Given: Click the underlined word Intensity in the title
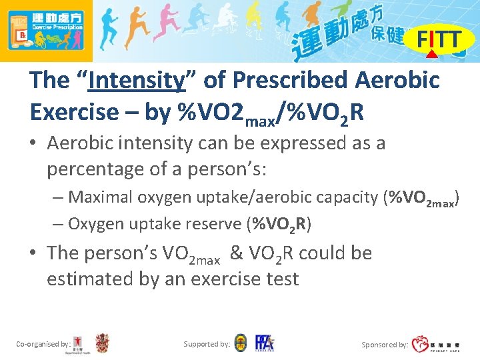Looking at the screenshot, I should (x=136, y=81).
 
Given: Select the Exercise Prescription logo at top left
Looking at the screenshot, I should (x=45, y=31).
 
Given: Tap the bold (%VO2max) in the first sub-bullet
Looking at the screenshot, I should (x=423, y=198).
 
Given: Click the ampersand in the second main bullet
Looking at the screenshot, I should (x=237, y=253).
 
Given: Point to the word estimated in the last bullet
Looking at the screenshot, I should (x=90, y=279).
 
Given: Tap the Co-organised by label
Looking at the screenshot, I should (x=43, y=344).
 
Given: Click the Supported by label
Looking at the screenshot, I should (x=207, y=344).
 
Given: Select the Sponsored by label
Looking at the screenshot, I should (x=385, y=345).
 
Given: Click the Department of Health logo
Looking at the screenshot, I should (x=81, y=343).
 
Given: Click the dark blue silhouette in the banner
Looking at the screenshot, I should (x=109, y=27).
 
